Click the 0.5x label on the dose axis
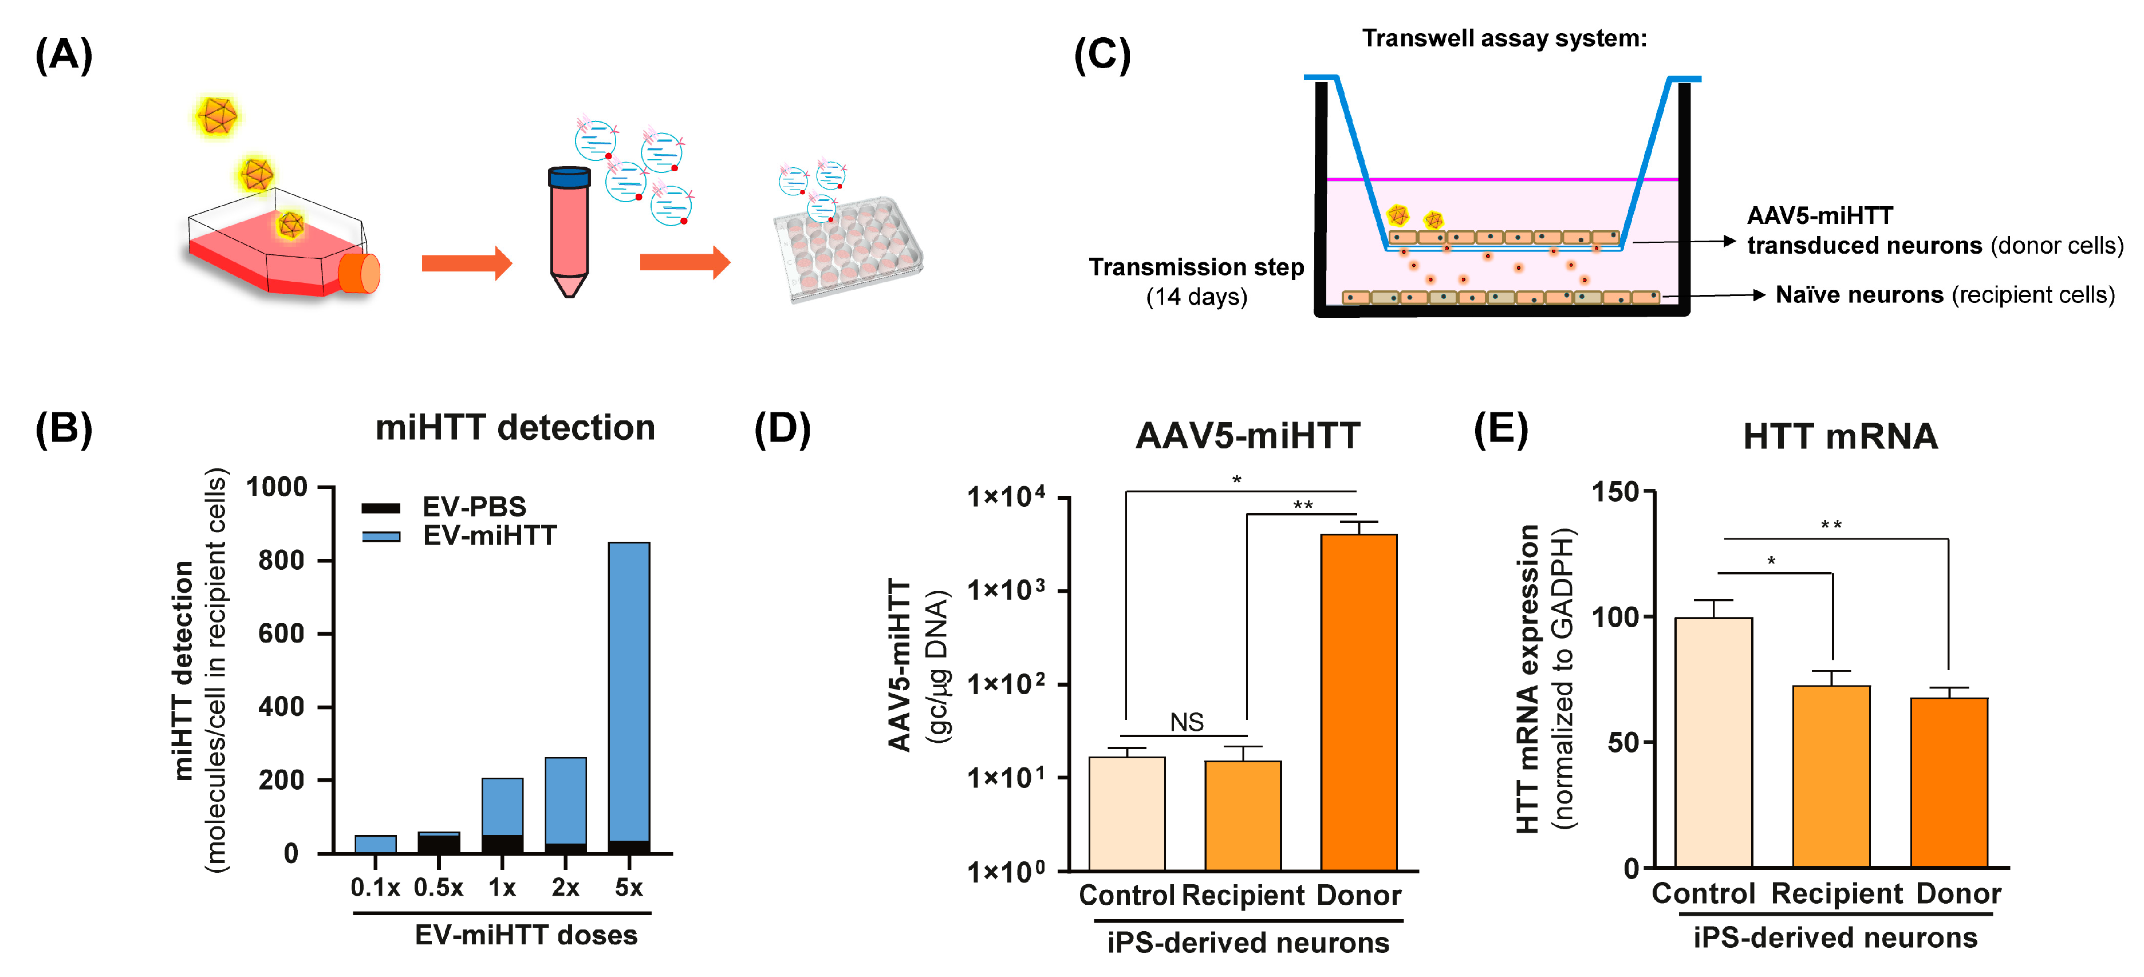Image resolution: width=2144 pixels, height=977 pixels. click(439, 888)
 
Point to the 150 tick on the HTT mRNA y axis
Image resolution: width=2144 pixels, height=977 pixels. click(1615, 492)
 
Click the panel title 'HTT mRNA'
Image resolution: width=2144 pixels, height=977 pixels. click(1840, 436)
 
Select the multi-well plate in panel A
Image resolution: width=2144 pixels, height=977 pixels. click(848, 248)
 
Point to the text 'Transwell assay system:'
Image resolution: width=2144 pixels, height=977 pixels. click(1504, 38)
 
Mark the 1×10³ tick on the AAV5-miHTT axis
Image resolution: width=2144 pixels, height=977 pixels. click(1006, 590)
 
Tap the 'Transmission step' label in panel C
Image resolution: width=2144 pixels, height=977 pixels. click(1196, 267)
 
